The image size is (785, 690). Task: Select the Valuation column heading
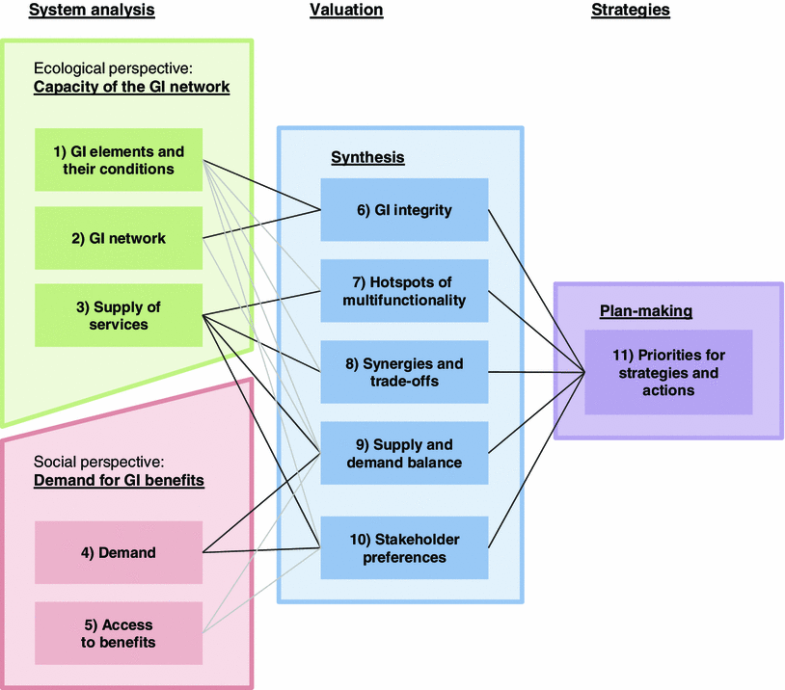346,10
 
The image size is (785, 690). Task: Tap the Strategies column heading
630,10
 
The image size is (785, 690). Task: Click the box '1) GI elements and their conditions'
119,160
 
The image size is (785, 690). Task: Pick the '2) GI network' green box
119,238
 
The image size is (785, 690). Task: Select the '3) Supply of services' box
119,315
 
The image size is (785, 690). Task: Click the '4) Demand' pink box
119,552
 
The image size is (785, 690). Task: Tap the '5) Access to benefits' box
119,633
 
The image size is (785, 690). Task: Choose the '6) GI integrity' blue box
404,209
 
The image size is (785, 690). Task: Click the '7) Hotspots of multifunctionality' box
404,291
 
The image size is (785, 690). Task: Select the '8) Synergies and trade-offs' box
404,372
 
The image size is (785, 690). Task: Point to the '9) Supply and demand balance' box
404,454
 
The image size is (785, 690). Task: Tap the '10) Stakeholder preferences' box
404,547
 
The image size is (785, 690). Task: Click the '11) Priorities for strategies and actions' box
667,372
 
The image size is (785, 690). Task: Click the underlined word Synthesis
367,157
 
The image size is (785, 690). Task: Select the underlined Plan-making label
645,311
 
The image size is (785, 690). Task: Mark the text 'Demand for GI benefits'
119,479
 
